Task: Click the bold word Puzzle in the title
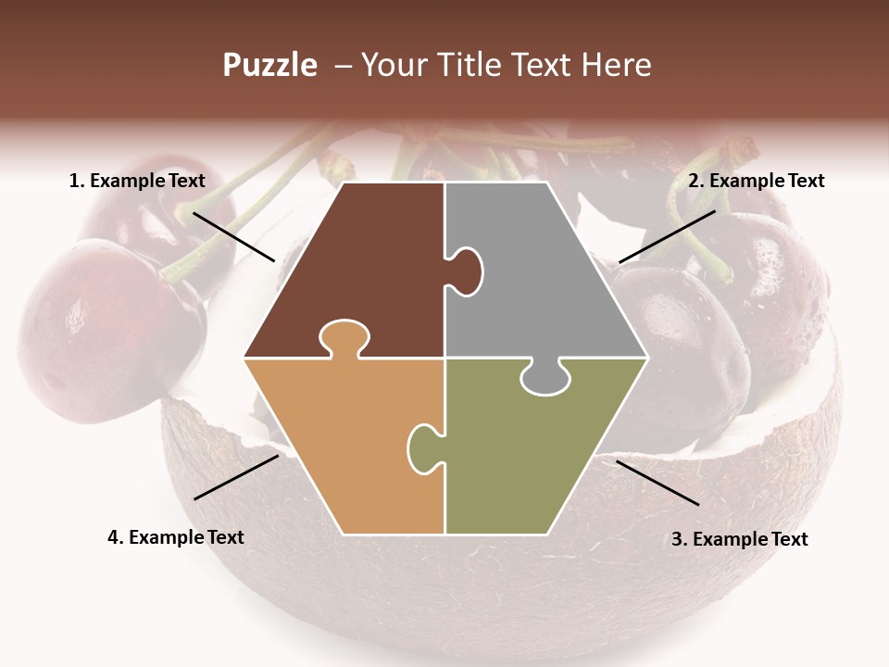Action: point(269,65)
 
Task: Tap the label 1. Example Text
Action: point(137,181)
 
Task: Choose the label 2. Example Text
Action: point(756,181)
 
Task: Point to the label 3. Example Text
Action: point(739,539)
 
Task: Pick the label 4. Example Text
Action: point(175,537)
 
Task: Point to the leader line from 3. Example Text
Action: point(657,483)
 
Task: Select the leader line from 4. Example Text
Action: point(236,477)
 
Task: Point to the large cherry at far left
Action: point(97,320)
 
